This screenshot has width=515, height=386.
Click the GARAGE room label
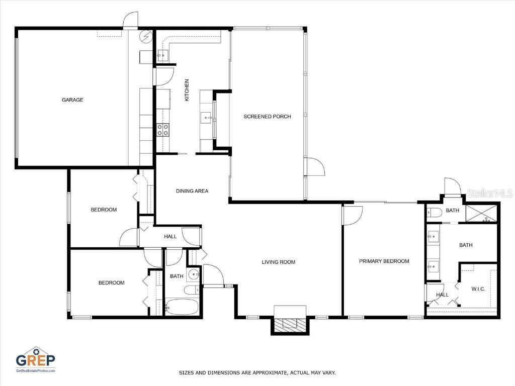click(72, 100)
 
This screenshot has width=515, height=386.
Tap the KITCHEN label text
click(187, 90)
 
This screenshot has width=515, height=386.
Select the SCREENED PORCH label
click(267, 117)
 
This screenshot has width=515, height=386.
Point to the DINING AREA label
click(192, 191)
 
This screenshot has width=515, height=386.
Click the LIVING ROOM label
click(278, 262)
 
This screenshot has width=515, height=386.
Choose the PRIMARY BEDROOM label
click(384, 261)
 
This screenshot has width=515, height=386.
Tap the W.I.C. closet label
click(478, 289)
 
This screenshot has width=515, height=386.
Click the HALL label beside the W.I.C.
click(442, 295)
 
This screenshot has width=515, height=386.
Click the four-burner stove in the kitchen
click(163, 130)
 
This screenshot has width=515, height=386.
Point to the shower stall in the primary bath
click(481, 213)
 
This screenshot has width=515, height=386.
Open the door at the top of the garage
click(130, 20)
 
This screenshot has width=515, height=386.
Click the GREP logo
click(35, 358)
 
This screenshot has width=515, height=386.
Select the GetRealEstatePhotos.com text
click(35, 371)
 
